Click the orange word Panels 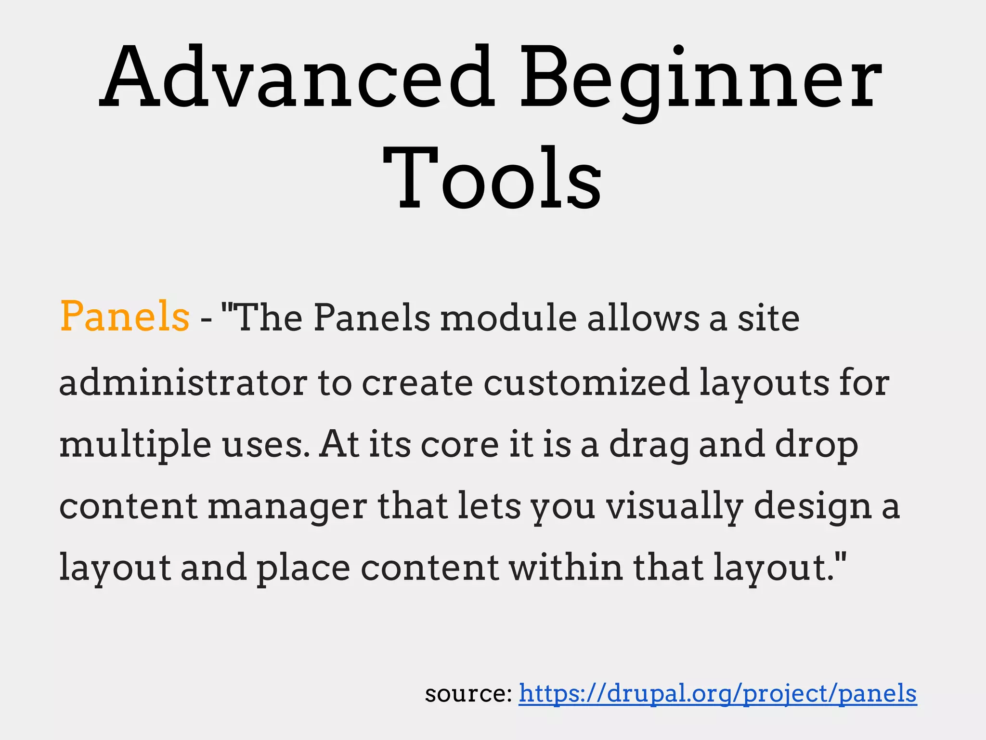125,317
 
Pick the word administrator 183,382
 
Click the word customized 586,382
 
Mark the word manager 287,507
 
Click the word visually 675,507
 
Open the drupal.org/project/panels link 717,694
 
